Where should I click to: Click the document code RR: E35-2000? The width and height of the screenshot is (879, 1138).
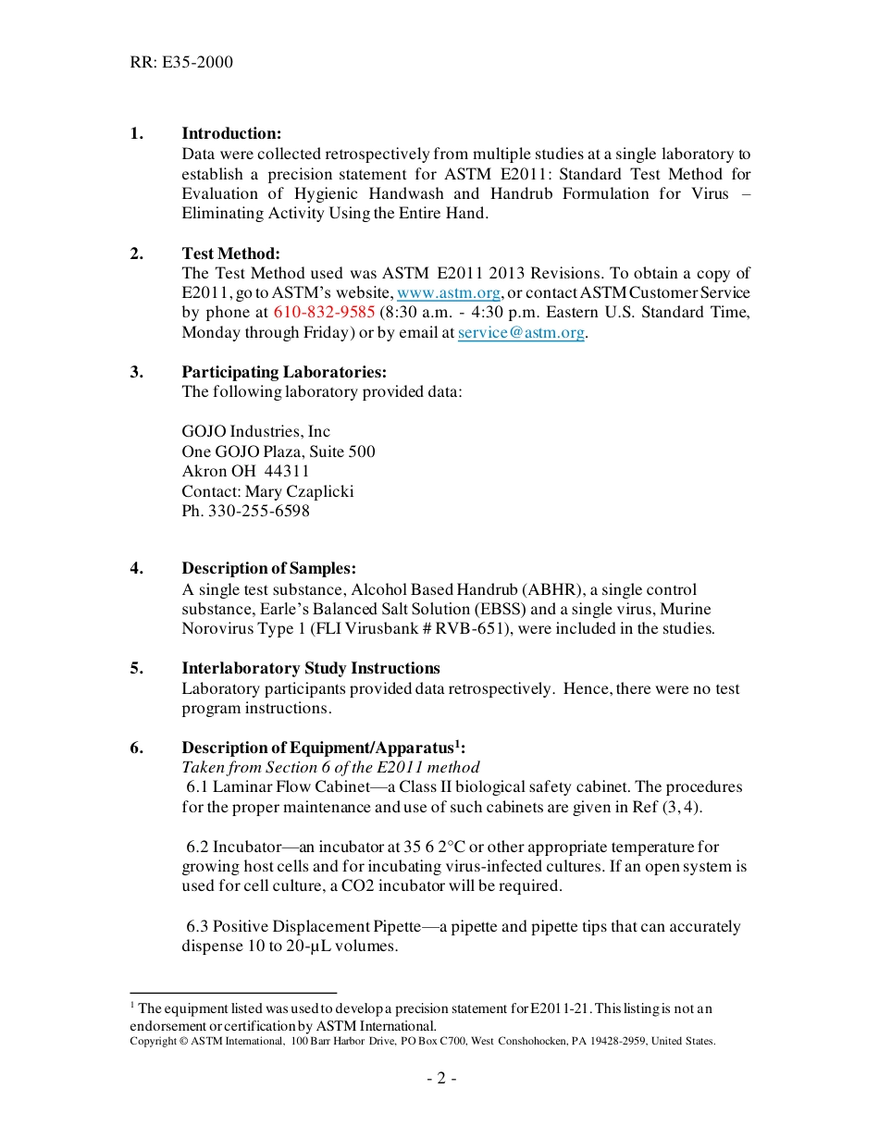181,62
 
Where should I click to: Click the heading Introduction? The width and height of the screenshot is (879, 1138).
231,134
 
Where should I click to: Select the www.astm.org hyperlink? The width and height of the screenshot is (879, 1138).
449,293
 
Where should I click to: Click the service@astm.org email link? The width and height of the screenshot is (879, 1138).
521,333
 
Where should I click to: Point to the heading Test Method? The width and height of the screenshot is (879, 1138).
230,254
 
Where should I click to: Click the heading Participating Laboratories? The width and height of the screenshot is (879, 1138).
284,372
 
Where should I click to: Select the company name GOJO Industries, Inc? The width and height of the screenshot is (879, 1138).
255,432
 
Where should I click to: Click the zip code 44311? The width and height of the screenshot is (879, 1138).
287,472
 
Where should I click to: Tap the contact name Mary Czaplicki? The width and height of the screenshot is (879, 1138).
299,491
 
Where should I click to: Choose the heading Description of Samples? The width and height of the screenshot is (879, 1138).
268,569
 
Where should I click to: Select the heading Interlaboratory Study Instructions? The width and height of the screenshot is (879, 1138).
311,669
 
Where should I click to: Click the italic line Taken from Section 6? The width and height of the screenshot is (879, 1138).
330,768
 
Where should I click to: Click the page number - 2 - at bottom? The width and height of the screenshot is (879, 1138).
441,1079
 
